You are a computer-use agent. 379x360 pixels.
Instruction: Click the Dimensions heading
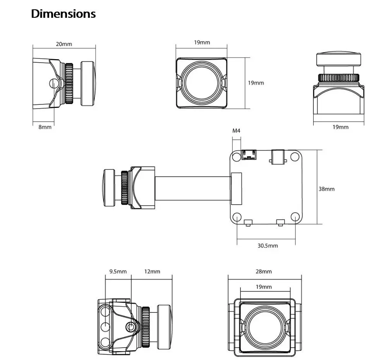(63, 14)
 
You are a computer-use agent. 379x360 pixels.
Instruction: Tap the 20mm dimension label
(64, 44)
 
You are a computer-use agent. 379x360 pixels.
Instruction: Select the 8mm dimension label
(45, 127)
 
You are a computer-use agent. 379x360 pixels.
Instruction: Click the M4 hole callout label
(236, 131)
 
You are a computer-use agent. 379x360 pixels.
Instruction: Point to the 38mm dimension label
(327, 189)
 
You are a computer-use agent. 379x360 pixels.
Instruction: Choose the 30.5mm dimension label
(268, 246)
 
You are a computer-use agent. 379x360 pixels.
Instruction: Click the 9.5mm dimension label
(118, 271)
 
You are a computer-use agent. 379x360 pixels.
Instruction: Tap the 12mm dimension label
(152, 271)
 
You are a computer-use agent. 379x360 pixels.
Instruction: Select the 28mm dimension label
(264, 271)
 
